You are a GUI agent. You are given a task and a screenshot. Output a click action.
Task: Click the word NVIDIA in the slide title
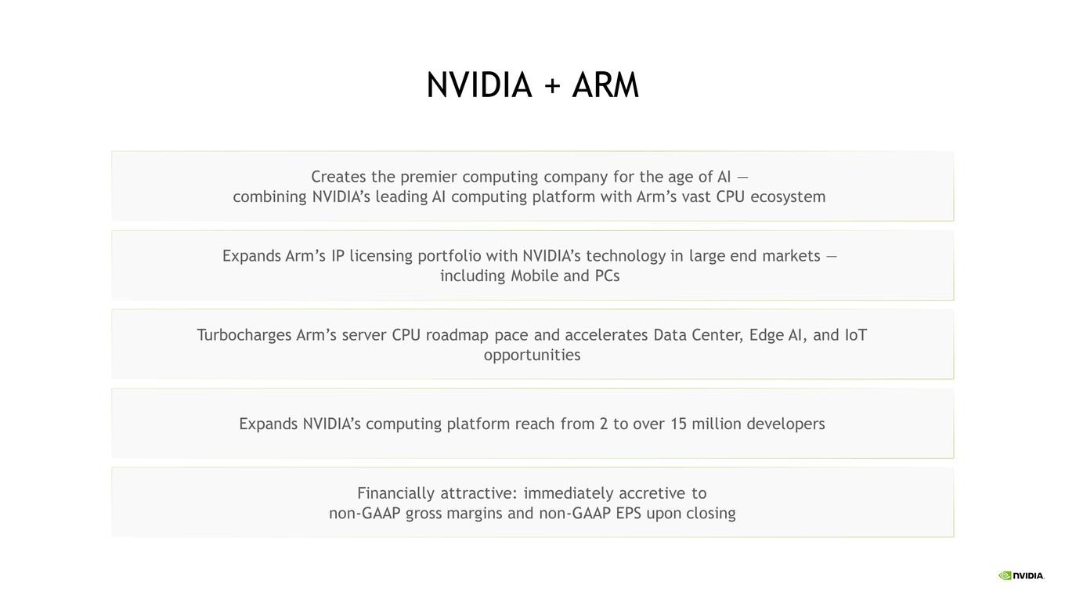tap(478, 85)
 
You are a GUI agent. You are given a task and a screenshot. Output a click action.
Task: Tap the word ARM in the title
tap(605, 85)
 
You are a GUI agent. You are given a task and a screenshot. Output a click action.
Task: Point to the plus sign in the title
tap(552, 86)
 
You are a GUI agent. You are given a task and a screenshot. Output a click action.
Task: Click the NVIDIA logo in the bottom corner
tap(1021, 576)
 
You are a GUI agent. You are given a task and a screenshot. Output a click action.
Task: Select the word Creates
tap(338, 177)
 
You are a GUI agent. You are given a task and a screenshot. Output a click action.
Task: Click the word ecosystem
tap(788, 197)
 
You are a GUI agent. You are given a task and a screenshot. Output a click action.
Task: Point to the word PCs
tap(607, 276)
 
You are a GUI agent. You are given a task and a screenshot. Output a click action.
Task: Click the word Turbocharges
tap(244, 336)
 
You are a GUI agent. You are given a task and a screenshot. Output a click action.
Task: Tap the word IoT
tap(856, 335)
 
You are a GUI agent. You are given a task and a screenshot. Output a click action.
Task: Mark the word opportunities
tap(532, 355)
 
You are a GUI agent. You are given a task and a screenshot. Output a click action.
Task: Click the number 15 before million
tap(678, 424)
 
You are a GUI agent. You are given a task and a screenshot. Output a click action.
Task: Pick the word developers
tap(785, 424)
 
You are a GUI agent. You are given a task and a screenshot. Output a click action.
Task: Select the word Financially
tap(395, 493)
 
